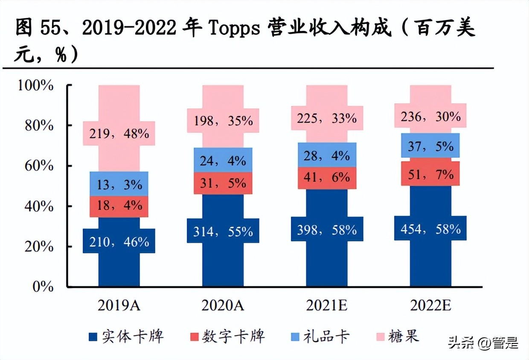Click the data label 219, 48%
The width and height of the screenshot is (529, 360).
pos(119,134)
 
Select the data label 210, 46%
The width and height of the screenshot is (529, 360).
pos(119,241)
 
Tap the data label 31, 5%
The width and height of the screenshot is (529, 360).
pos(223,183)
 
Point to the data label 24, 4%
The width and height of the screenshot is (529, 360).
pos(223,160)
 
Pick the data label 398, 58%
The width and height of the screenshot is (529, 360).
pos(327,230)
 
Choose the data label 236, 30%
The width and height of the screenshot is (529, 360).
pos(430,116)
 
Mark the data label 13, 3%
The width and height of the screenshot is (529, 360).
pos(119,184)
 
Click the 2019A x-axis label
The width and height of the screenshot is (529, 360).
pos(119,306)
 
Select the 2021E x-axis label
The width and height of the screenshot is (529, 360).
pos(327,306)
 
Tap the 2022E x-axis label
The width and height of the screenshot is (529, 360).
pos(430,306)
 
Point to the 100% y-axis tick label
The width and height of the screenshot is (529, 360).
pos(36,85)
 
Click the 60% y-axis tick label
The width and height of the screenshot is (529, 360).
pos(39,165)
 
